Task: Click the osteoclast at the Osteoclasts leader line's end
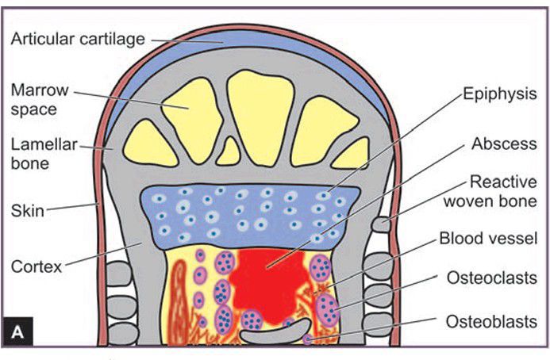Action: (327, 307)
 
